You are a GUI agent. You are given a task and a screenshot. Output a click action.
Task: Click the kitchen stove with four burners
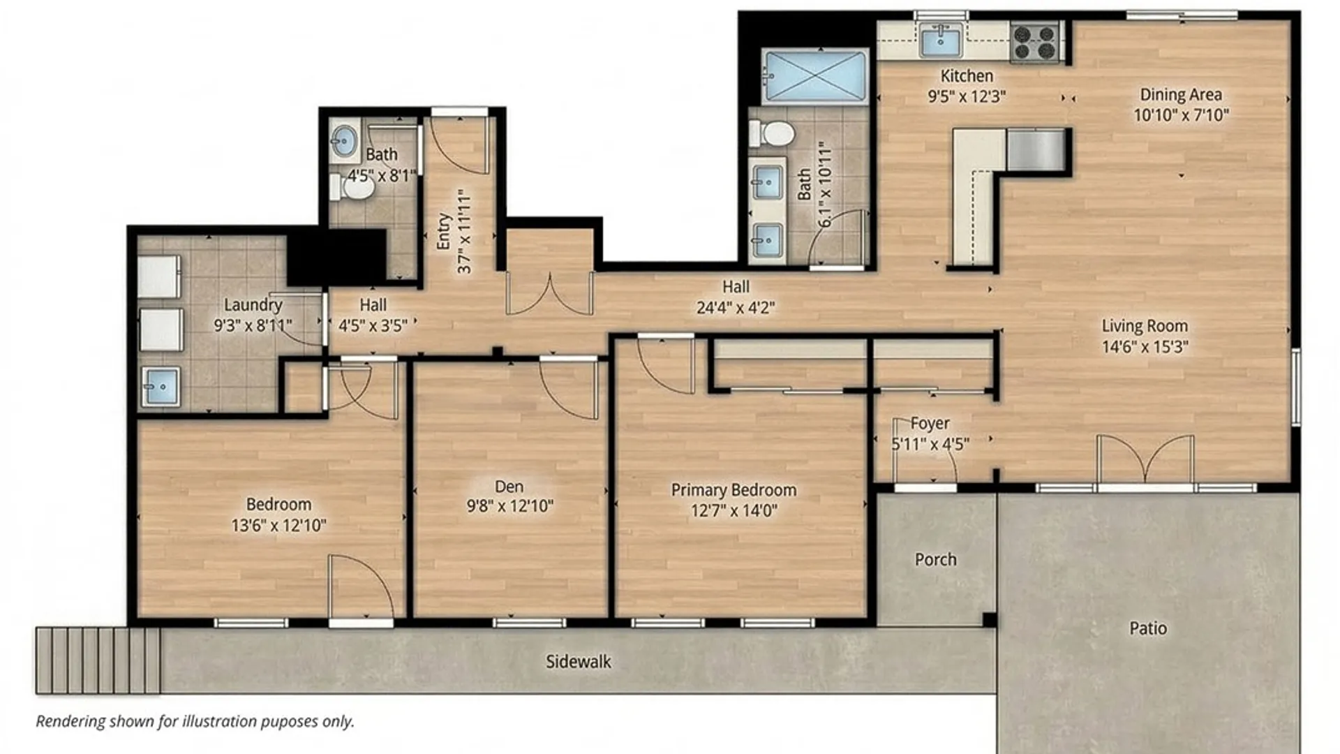click(1035, 41)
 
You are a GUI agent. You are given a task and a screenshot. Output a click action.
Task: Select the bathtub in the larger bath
click(814, 76)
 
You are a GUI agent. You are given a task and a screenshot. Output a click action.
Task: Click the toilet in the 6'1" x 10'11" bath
click(771, 133)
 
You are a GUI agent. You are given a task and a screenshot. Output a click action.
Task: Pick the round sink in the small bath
click(343, 141)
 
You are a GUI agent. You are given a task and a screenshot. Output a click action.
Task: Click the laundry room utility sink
click(161, 386)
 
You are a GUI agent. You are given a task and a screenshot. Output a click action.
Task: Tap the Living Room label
click(1145, 326)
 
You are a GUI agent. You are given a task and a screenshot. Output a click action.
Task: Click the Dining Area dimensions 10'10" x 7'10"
click(1181, 115)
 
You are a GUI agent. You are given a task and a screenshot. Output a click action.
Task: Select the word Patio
click(1148, 628)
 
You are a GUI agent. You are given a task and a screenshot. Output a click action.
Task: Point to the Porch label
click(936, 560)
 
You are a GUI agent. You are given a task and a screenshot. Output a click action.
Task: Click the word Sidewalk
click(579, 662)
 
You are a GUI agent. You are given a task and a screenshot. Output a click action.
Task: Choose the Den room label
click(509, 487)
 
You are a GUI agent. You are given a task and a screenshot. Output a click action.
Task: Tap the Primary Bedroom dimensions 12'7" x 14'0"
click(734, 510)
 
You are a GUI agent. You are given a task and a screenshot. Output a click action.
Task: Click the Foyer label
click(930, 423)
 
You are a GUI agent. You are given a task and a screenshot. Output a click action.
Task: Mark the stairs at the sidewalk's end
click(98, 660)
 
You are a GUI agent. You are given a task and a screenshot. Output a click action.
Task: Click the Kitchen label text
click(967, 75)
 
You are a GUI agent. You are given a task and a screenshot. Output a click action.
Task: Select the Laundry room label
click(253, 305)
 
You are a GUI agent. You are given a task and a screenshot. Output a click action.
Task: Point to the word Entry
click(444, 232)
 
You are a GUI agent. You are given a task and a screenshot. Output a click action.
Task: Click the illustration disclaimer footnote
click(195, 721)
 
